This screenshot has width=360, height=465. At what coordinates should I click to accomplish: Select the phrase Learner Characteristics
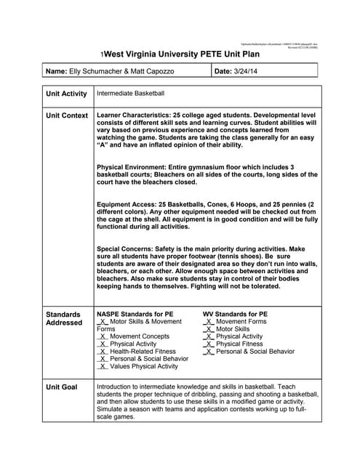click(134, 116)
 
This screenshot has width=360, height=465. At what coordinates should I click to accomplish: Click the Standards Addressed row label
click(64, 318)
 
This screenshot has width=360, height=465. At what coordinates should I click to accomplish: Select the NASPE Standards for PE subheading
click(135, 314)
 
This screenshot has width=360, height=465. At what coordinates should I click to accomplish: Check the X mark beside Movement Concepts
click(103, 336)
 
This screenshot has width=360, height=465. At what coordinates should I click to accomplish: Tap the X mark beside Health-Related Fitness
click(103, 352)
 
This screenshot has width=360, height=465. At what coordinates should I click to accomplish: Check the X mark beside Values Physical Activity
click(103, 367)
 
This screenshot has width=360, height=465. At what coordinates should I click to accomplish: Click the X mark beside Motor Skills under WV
click(210, 329)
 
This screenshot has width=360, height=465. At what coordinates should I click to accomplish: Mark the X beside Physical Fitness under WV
click(210, 344)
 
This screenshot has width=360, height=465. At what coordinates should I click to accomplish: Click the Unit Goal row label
click(61, 387)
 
